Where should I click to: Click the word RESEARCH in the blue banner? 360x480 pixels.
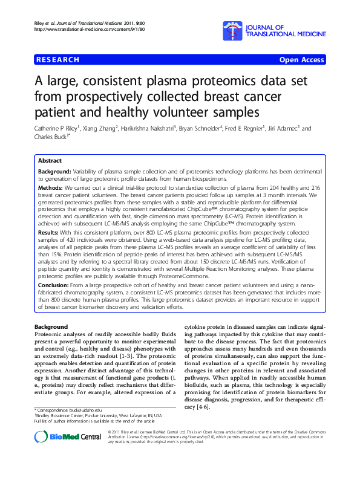59,60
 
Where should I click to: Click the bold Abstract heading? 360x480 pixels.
50,161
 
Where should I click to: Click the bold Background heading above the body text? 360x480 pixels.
51,326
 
